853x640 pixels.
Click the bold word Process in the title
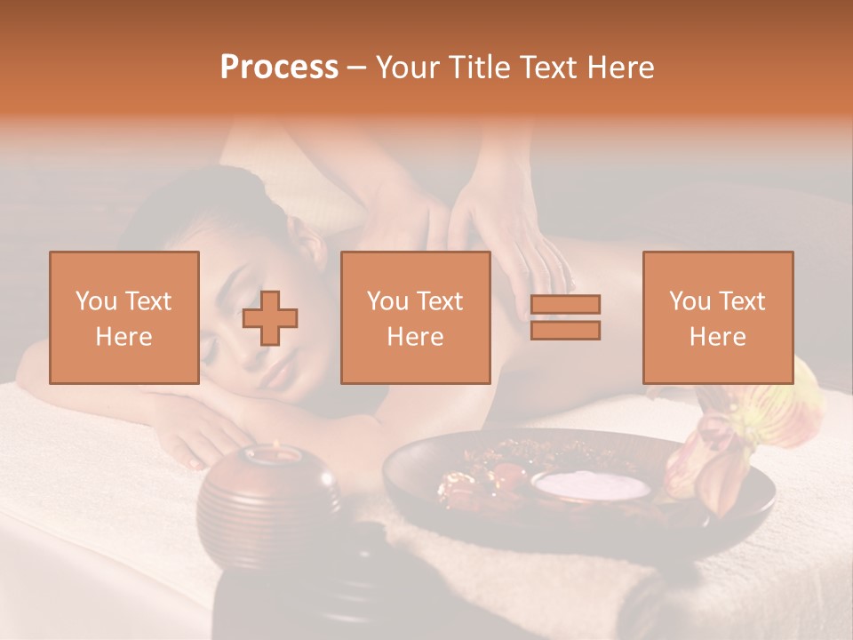tap(279, 68)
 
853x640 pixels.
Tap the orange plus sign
tap(270, 318)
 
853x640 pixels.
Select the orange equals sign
tap(565, 317)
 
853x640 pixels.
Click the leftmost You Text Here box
tap(124, 317)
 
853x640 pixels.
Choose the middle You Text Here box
tap(416, 317)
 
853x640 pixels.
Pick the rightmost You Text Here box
tap(718, 317)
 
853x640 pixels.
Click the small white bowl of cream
tap(592, 485)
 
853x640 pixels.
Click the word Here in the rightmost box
tap(718, 336)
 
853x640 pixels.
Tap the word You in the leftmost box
tap(95, 301)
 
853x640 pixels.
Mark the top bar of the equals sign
tap(565, 305)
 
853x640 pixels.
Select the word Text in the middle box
tap(440, 301)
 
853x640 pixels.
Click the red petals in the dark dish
tap(480, 480)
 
